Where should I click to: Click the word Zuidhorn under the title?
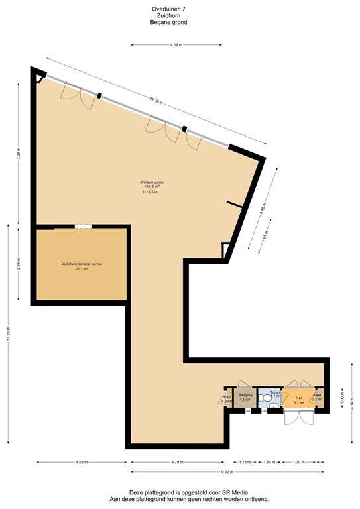coord(168,16)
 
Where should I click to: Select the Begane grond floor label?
coord(168,22)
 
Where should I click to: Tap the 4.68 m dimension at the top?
coord(176,45)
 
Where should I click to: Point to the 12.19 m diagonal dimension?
coord(155,100)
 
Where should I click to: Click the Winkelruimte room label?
coord(152,181)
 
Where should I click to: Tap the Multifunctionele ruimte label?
coord(81,264)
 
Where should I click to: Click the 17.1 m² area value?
coord(82,270)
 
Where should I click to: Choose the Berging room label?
coord(245,395)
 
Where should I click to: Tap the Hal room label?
coord(298,398)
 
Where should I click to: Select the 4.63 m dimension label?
coord(82,461)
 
